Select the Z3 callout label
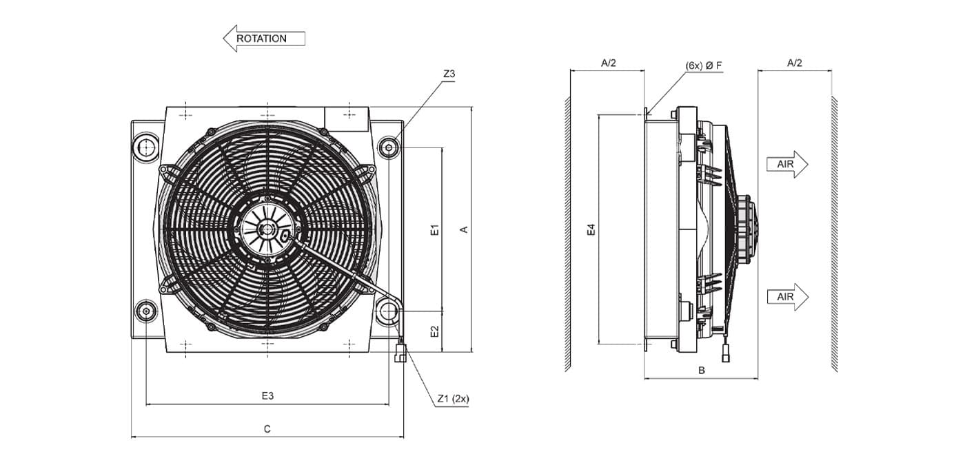tap(449, 74)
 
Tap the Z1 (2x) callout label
tap(453, 399)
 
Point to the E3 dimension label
tap(267, 395)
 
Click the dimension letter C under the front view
tap(267, 428)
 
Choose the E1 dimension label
tap(435, 229)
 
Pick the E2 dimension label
tap(435, 331)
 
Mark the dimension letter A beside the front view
tap(464, 229)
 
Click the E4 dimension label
tap(591, 229)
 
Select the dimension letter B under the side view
tap(702, 371)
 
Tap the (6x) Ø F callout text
tap(704, 65)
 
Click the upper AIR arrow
tap(787, 164)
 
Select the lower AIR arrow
tap(787, 297)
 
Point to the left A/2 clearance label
tap(608, 63)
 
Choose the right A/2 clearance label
tap(794, 63)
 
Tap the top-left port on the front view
tap(146, 147)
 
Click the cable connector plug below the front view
tap(400, 353)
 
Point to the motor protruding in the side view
tap(745, 228)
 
